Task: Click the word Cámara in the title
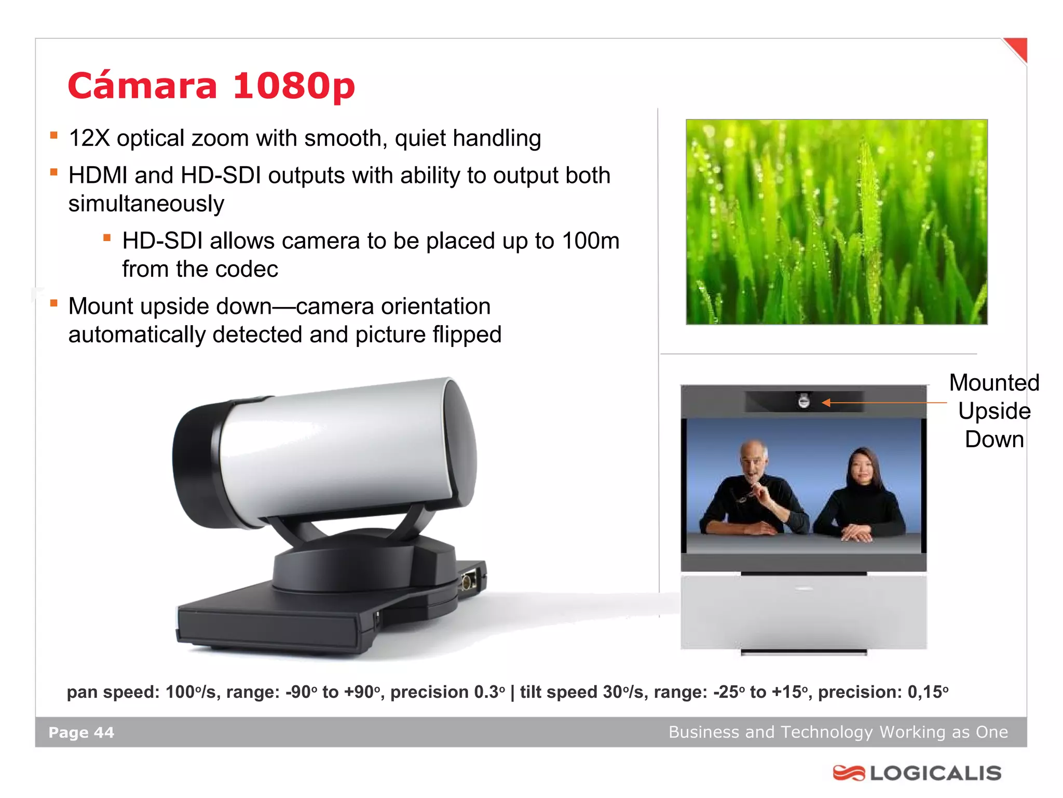coord(142,86)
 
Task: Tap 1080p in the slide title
coord(294,86)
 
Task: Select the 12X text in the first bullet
coord(89,139)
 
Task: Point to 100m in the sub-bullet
coord(591,241)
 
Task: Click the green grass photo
coord(836,222)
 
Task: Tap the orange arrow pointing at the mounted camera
coord(882,403)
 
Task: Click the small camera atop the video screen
coord(803,401)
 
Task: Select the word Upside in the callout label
coord(994,411)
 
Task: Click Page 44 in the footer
coord(81,733)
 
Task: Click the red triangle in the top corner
coord(1017,49)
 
